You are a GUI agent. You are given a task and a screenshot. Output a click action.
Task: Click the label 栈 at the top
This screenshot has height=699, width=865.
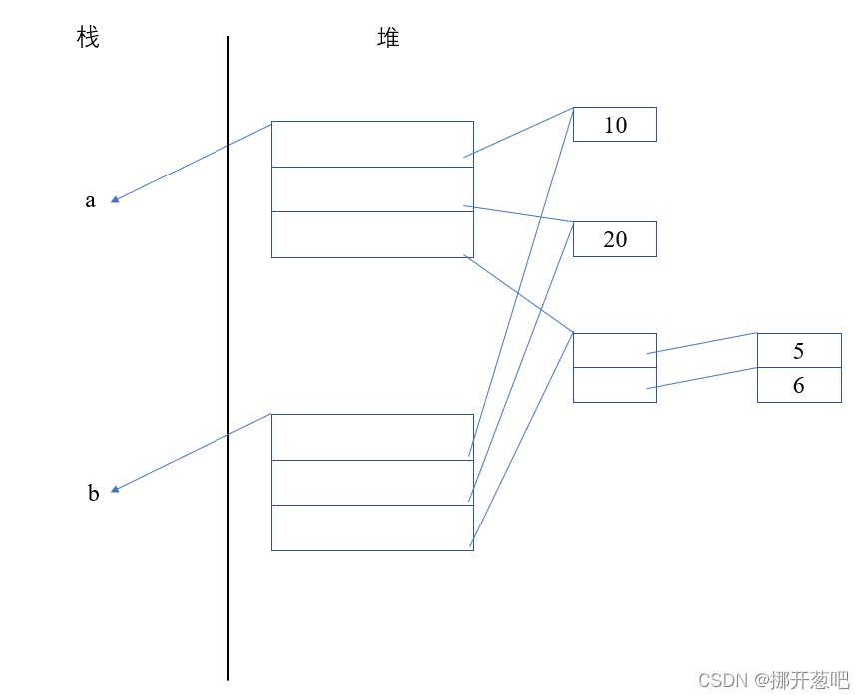pyautogui.click(x=88, y=39)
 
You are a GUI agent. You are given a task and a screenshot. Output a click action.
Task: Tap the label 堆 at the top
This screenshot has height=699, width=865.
pyautogui.click(x=388, y=39)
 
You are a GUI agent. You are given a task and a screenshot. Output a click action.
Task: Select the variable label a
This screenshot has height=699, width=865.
pyautogui.click(x=90, y=200)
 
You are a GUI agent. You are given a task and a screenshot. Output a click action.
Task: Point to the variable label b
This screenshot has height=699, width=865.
pyautogui.click(x=93, y=493)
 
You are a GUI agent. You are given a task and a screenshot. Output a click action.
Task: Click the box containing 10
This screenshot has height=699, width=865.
pyautogui.click(x=615, y=125)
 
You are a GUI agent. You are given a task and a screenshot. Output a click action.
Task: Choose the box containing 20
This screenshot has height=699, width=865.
pyautogui.click(x=615, y=239)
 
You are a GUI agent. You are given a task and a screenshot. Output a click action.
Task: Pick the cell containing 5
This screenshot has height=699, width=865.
pyautogui.click(x=799, y=351)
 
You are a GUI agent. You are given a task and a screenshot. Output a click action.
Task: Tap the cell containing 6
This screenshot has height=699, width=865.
pyautogui.click(x=799, y=385)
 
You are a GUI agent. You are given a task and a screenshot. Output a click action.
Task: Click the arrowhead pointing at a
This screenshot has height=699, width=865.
pyautogui.click(x=116, y=199)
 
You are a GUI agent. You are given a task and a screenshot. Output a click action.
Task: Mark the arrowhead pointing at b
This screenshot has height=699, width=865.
pyautogui.click(x=116, y=489)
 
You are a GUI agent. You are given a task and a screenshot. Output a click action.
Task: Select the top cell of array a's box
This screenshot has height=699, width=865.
pyautogui.click(x=372, y=144)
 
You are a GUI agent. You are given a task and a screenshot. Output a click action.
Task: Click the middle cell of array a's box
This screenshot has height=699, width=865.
pyautogui.click(x=372, y=189)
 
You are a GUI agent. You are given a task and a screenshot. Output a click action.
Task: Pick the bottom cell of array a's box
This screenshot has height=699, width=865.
pyautogui.click(x=372, y=234)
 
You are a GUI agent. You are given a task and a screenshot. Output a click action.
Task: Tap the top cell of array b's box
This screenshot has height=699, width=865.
pyautogui.click(x=372, y=437)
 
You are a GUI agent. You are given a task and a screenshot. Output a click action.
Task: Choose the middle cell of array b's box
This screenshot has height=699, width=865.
pyautogui.click(x=372, y=483)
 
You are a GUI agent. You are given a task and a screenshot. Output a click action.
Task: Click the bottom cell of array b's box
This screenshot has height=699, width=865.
pyautogui.click(x=372, y=527)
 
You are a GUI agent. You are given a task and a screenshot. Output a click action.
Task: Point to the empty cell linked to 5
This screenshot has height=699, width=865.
pyautogui.click(x=615, y=350)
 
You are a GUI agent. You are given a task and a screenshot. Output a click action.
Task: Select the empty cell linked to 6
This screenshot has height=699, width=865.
pyautogui.click(x=615, y=385)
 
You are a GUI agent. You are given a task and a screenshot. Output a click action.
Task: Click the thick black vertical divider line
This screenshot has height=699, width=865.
pyautogui.click(x=228, y=359)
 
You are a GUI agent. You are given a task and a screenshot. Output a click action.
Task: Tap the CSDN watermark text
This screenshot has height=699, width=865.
pyautogui.click(x=773, y=680)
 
